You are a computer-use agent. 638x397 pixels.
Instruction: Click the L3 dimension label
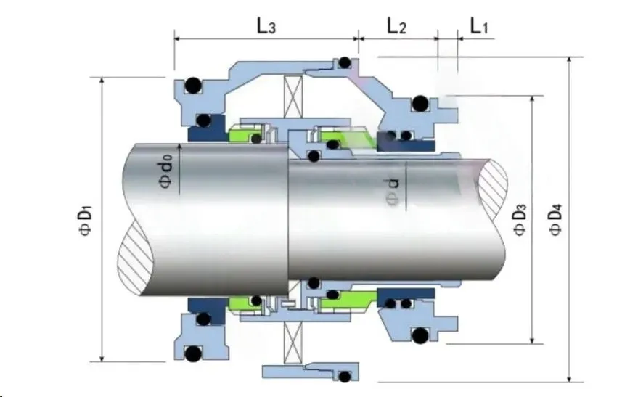point(266,27)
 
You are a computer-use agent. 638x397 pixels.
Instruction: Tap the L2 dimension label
point(396,27)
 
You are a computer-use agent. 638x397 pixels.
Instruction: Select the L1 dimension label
point(479,27)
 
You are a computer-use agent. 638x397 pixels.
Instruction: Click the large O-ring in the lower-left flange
point(192,355)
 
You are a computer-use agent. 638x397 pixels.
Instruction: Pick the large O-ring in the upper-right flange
point(420,106)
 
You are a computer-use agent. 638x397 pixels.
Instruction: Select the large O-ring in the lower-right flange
point(420,335)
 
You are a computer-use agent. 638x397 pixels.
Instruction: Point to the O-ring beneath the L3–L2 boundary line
point(345,62)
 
